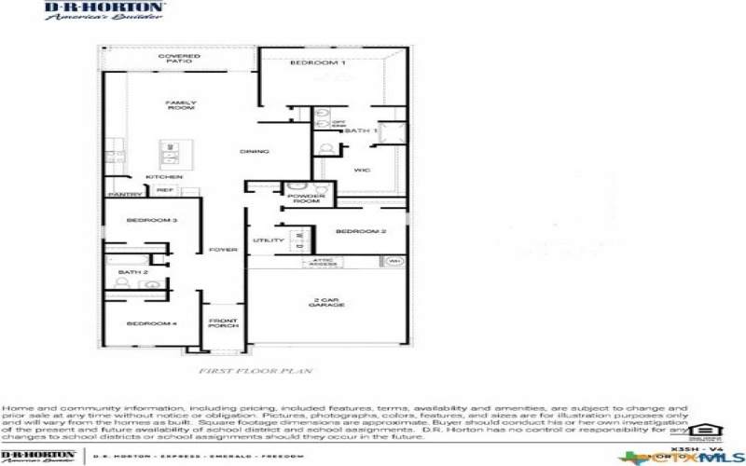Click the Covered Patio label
(x=179, y=59)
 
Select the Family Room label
(x=180, y=105)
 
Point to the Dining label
(x=255, y=151)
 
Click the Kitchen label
(x=163, y=177)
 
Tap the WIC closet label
(x=363, y=170)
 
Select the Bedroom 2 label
(x=361, y=230)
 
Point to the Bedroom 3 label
(x=133, y=220)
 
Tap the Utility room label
(x=262, y=240)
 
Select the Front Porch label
(x=222, y=323)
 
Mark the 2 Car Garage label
(x=329, y=303)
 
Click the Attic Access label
(x=322, y=263)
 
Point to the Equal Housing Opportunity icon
(x=700, y=432)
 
